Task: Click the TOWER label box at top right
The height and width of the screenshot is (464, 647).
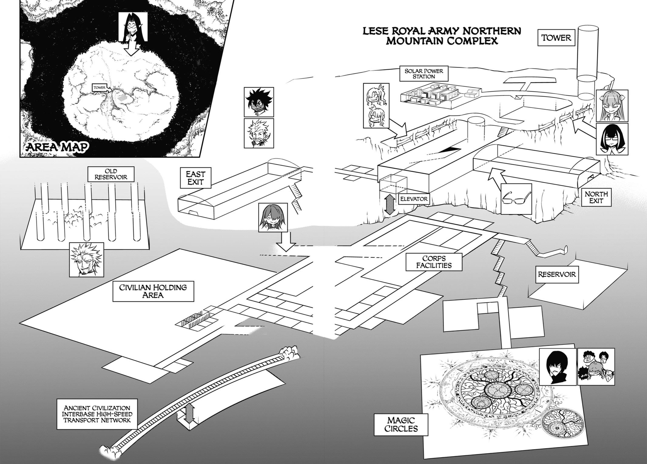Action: [x=556, y=38]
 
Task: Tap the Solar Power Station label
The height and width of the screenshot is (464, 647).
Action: [x=424, y=74]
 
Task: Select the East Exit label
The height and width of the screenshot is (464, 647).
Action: [x=195, y=178]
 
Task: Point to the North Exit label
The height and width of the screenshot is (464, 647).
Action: [x=596, y=197]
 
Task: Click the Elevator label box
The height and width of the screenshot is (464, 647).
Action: [x=414, y=199]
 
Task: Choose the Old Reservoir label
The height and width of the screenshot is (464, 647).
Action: [x=111, y=174]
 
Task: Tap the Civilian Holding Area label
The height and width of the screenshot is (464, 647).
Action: [x=153, y=291]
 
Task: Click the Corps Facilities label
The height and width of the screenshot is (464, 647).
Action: [x=434, y=262]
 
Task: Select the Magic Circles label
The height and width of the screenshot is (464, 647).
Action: [x=401, y=425]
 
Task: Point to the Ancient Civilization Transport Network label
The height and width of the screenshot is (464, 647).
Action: [x=97, y=414]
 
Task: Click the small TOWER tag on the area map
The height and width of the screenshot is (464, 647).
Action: [x=99, y=88]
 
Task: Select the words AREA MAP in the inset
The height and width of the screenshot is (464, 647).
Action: [x=58, y=147]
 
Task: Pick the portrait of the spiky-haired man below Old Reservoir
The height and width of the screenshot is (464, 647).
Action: [x=86, y=260]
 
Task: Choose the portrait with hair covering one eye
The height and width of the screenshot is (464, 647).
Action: [x=273, y=217]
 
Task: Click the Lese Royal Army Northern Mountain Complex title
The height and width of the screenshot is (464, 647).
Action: [x=442, y=36]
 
